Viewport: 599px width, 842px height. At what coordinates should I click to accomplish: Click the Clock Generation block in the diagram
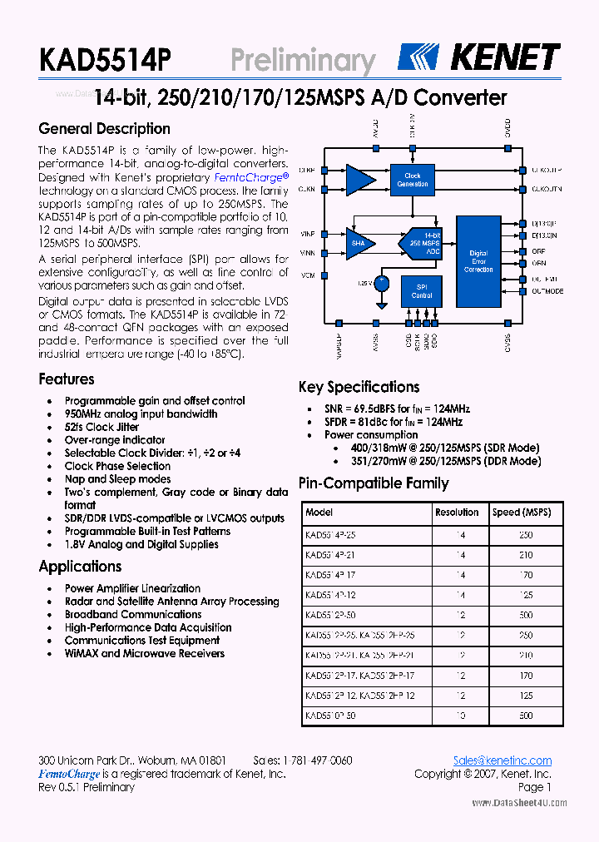pyautogui.click(x=413, y=180)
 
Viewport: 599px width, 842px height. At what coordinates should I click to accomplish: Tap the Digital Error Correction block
pyautogui.click(x=478, y=260)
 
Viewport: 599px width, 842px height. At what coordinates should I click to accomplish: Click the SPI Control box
pyautogui.click(x=422, y=291)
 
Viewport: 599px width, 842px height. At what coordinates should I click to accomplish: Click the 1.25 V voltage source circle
pyautogui.click(x=382, y=283)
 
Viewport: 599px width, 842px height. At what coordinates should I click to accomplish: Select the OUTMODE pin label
pyautogui.click(x=547, y=292)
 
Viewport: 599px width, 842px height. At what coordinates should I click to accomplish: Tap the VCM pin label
pyautogui.click(x=308, y=275)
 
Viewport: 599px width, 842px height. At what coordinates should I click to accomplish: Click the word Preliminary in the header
pyautogui.click(x=303, y=61)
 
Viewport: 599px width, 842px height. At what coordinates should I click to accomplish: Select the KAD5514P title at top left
pyautogui.click(x=105, y=61)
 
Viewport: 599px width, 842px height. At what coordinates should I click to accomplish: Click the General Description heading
pyautogui.click(x=105, y=129)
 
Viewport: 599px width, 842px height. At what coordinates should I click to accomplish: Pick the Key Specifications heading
pyautogui.click(x=359, y=387)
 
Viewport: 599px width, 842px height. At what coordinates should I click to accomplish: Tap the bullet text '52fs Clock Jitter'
pyautogui.click(x=101, y=427)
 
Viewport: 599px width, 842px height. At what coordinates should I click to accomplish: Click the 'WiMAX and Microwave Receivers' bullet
pyautogui.click(x=145, y=654)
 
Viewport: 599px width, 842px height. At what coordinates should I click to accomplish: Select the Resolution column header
pyautogui.click(x=457, y=513)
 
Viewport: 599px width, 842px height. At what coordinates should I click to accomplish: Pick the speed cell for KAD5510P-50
pyautogui.click(x=526, y=716)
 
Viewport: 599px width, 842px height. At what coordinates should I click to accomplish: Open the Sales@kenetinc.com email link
pyautogui.click(x=502, y=760)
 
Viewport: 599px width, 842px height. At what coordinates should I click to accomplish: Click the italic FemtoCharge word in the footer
pyautogui.click(x=70, y=774)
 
